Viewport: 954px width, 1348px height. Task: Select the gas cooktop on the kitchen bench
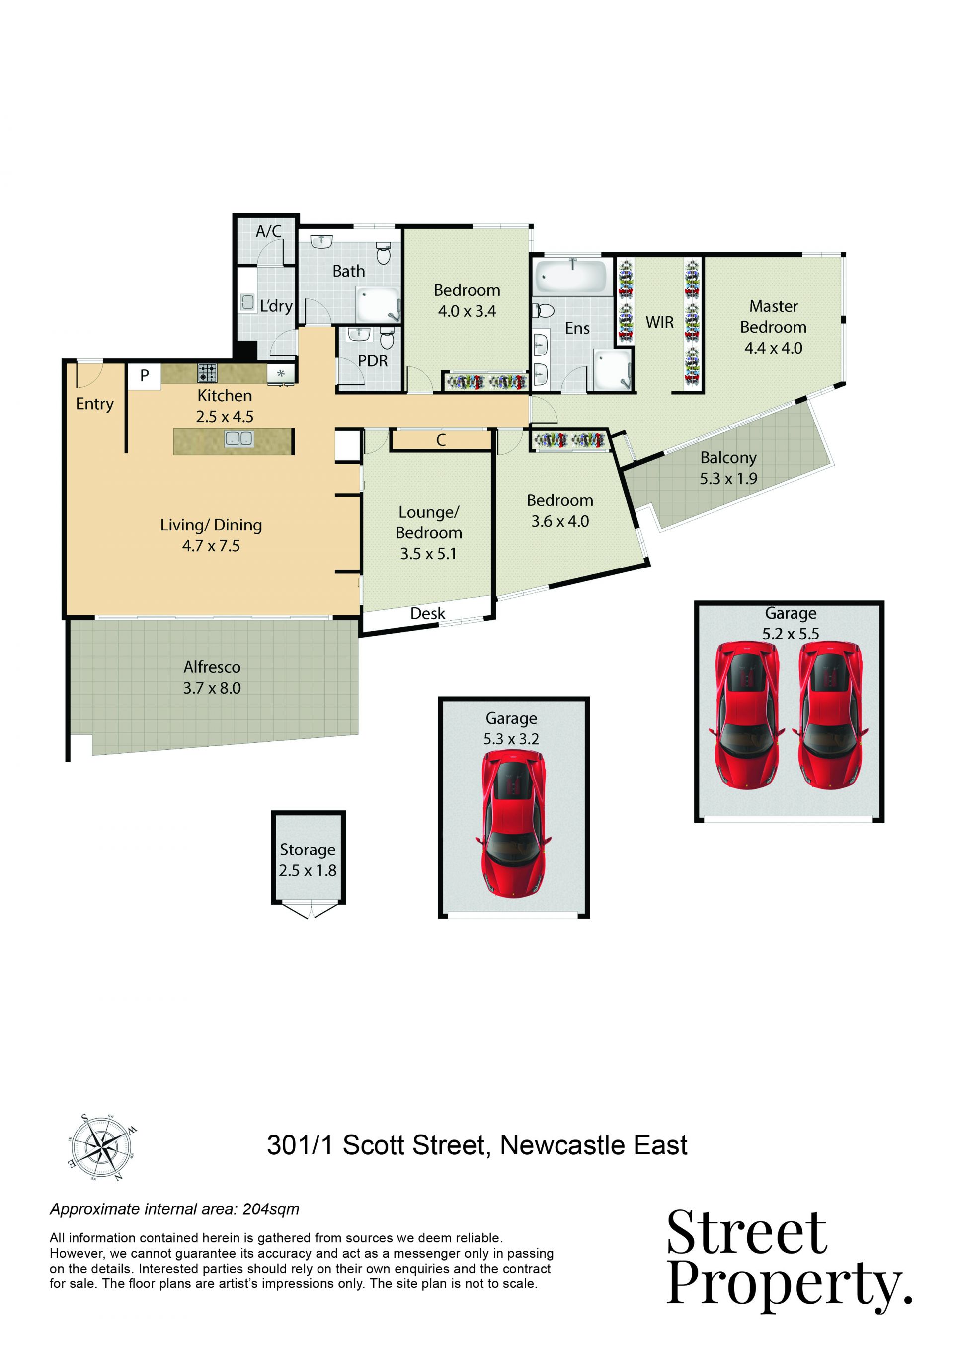[207, 373]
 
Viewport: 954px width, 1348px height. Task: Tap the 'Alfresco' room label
[212, 667]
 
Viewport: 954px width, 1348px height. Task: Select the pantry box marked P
[145, 376]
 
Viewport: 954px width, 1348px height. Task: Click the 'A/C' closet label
[268, 231]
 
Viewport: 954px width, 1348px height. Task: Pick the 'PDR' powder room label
[373, 360]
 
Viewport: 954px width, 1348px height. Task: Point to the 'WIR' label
[660, 322]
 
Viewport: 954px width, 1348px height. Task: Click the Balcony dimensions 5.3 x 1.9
[728, 479]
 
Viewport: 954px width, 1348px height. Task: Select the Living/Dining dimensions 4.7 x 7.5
[211, 546]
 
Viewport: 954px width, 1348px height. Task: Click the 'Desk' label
[428, 614]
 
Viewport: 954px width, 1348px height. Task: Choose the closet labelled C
[441, 440]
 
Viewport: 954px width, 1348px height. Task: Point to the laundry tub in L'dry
[247, 302]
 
